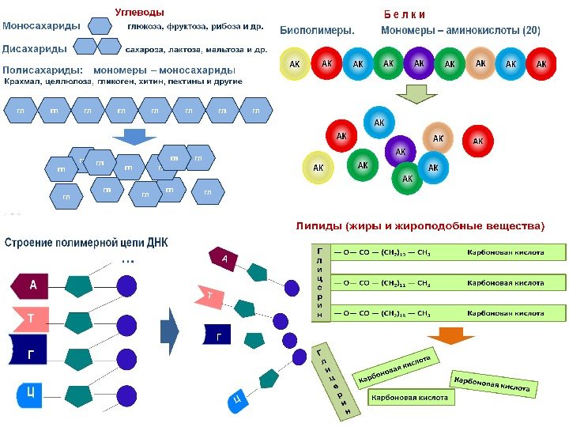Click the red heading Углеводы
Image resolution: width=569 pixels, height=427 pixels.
pos(140,12)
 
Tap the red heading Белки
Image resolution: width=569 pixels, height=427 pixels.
pos(405,14)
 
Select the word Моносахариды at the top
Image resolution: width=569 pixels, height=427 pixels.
pos(41,26)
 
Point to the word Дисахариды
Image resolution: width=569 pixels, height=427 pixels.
pos(35,48)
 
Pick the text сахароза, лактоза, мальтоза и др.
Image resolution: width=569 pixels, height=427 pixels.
pos(196,49)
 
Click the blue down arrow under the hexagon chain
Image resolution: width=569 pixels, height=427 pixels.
pos(136,136)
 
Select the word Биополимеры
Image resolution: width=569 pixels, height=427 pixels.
pos(318,31)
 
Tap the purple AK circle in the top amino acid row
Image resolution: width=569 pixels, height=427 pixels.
pos(419,63)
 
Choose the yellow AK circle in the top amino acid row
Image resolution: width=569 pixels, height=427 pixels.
pos(295,64)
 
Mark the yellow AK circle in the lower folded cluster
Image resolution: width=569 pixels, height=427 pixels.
pos(318,168)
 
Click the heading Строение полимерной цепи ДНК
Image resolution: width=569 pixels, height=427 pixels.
pos(86,243)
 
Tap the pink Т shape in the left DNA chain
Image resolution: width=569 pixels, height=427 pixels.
pos(29,319)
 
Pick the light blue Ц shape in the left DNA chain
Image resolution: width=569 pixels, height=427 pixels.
pos(28,393)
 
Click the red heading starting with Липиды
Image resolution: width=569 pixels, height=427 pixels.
pos(420,226)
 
